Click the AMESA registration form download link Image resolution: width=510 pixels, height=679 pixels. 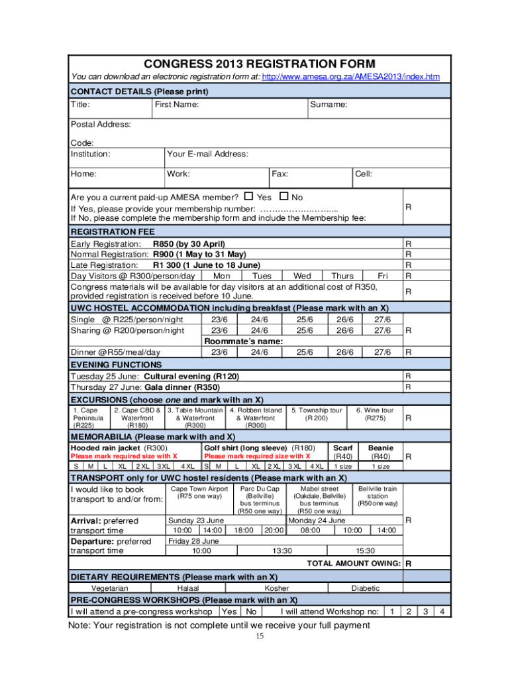(350, 77)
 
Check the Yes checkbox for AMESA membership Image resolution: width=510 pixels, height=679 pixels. (249, 196)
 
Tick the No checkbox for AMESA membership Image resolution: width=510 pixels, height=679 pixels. (284, 196)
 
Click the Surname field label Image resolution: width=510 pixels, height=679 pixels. (329, 105)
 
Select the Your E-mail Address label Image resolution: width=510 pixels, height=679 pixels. (207, 154)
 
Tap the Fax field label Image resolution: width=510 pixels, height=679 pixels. (280, 174)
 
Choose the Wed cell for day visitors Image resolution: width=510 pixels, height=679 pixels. (301, 276)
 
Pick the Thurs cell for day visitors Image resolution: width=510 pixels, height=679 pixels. (342, 276)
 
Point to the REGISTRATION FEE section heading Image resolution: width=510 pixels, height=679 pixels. (113, 231)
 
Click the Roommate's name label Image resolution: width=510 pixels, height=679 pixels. (243, 341)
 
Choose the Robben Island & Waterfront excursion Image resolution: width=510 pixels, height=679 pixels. (255, 418)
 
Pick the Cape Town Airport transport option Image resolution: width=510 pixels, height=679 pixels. (199, 493)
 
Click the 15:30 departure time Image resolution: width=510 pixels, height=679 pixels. (365, 550)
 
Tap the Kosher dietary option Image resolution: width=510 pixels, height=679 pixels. (277, 588)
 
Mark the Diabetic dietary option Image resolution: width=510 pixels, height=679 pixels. (366, 588)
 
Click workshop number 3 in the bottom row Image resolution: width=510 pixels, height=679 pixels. (426, 611)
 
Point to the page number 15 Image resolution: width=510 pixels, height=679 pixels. (260, 637)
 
